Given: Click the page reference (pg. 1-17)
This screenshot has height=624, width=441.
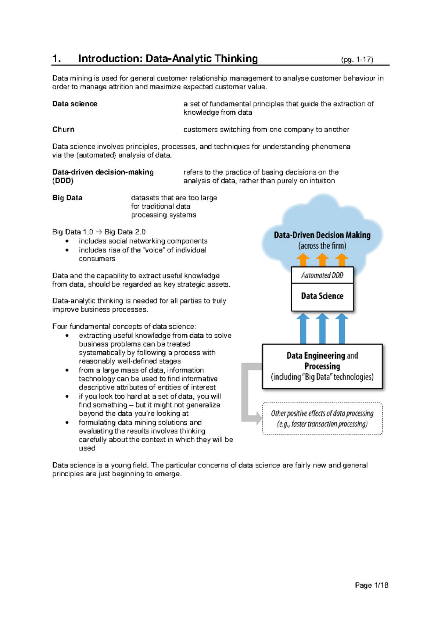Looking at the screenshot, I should click(x=357, y=60).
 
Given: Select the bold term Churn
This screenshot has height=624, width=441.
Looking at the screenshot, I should click(x=63, y=129).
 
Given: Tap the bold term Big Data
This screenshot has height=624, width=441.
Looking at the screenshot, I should click(x=67, y=198).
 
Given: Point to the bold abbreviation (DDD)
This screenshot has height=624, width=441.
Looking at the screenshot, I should click(x=63, y=181).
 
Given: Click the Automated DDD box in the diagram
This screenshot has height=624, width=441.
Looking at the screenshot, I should click(x=322, y=275).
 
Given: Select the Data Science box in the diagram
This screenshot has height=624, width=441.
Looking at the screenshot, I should click(x=322, y=296).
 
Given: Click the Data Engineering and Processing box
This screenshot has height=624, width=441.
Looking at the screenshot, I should click(x=322, y=366).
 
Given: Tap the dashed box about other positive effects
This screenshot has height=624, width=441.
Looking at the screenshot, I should click(x=322, y=419).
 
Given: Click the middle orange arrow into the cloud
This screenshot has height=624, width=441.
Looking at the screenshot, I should click(x=322, y=259).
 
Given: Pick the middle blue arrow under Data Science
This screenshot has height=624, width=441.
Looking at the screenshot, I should click(x=322, y=328).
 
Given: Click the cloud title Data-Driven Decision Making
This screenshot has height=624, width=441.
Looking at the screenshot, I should click(x=322, y=235).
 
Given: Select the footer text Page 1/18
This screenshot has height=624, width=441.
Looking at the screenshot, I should click(x=371, y=585).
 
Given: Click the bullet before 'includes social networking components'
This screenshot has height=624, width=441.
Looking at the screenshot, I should click(x=67, y=241).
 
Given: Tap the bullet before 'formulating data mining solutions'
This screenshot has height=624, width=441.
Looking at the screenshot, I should click(x=67, y=423).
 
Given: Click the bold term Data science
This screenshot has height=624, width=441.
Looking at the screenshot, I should click(x=75, y=104).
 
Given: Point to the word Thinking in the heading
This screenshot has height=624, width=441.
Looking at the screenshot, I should click(x=236, y=59).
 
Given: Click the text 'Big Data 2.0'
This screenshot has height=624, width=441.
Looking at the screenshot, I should click(x=125, y=232).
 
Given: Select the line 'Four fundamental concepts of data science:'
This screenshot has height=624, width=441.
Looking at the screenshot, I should click(x=124, y=326).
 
